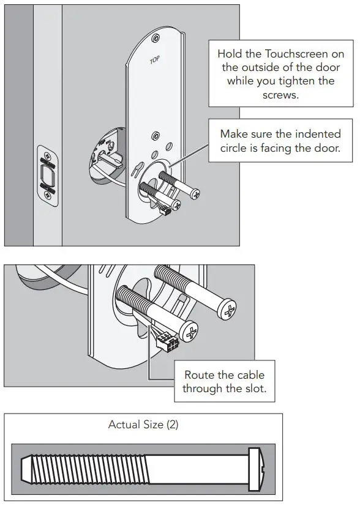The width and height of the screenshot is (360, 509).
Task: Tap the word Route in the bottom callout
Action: pyautogui.click(x=200, y=375)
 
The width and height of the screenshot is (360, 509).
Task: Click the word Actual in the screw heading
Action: pyautogui.click(x=124, y=424)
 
